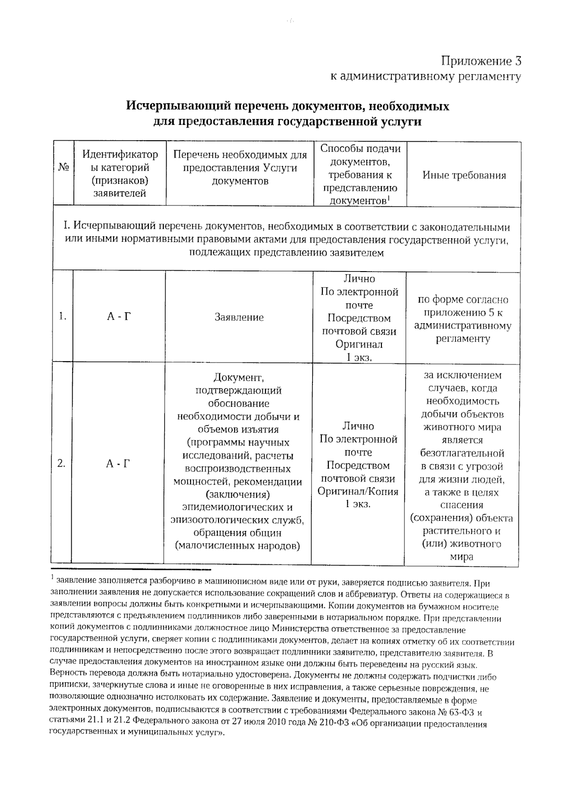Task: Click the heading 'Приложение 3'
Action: pyautogui.click(x=481, y=61)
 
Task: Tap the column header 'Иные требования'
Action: pyautogui.click(x=464, y=175)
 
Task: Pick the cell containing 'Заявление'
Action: pyautogui.click(x=239, y=318)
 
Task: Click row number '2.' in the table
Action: pyautogui.click(x=61, y=463)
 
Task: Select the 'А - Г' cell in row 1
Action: pyautogui.click(x=118, y=317)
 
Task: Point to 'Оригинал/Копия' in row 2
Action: pyautogui.click(x=358, y=492)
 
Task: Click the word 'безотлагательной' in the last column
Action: pyautogui.click(x=462, y=454)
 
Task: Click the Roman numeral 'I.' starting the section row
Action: pyautogui.click(x=67, y=227)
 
